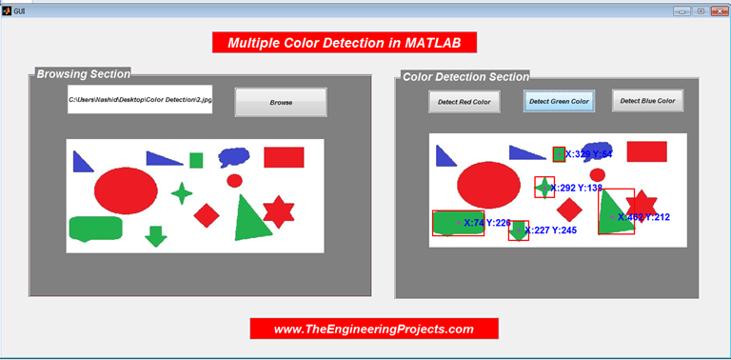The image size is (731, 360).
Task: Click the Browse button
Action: pos(281,102)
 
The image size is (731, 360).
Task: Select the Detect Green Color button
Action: pos(560,101)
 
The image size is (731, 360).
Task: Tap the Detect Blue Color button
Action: pos(647,100)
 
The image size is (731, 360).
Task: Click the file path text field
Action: pos(140,99)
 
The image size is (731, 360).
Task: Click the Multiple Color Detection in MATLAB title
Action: pos(344,43)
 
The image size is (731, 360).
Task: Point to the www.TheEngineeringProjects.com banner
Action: pos(374,329)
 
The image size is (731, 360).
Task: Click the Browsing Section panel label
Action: pos(83,73)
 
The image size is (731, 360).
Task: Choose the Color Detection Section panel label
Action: pos(465,76)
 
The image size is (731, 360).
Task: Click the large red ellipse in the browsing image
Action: pos(126,190)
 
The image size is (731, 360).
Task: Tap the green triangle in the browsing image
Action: pos(250,221)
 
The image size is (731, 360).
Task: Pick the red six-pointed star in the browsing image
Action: pos(278,211)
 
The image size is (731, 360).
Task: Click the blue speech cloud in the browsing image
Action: pos(234,156)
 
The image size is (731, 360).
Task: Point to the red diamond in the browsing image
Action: pos(207,215)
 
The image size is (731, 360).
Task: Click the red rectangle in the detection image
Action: pos(646,151)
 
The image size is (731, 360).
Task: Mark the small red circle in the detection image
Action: pos(598,174)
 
